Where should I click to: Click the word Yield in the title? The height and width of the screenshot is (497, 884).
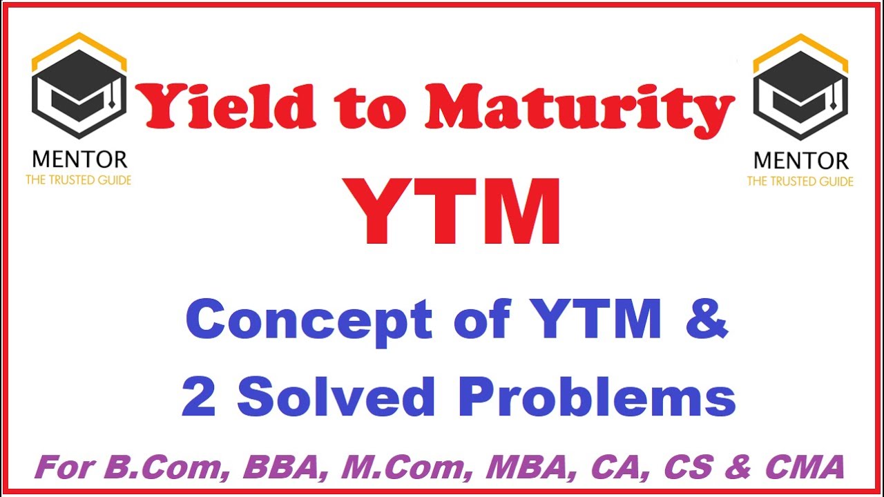228,106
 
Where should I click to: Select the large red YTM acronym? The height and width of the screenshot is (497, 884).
454,213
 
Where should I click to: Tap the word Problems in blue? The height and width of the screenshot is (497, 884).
597,398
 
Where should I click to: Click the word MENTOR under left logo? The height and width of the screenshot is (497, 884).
79,159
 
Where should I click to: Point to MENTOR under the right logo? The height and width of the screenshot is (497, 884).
800,162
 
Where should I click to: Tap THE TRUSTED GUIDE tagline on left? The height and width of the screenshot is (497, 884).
79,180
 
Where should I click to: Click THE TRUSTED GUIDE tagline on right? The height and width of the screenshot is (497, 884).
800,182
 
